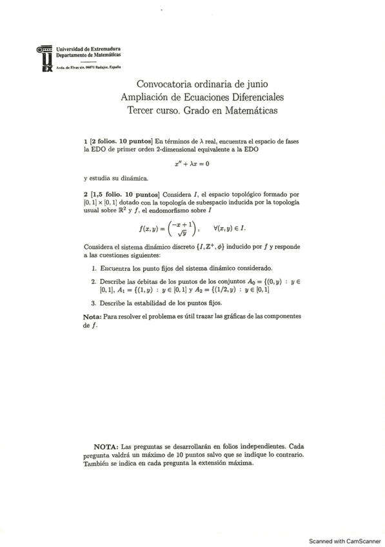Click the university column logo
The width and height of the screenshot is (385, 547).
[44, 59]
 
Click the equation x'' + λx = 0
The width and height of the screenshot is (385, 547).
[192, 163]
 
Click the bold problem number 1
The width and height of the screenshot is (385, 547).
[85, 140]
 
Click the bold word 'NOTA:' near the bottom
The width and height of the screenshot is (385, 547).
[106, 446]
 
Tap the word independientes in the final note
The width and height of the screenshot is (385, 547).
[254, 446]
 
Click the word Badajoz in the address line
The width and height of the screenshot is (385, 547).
[101, 66]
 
